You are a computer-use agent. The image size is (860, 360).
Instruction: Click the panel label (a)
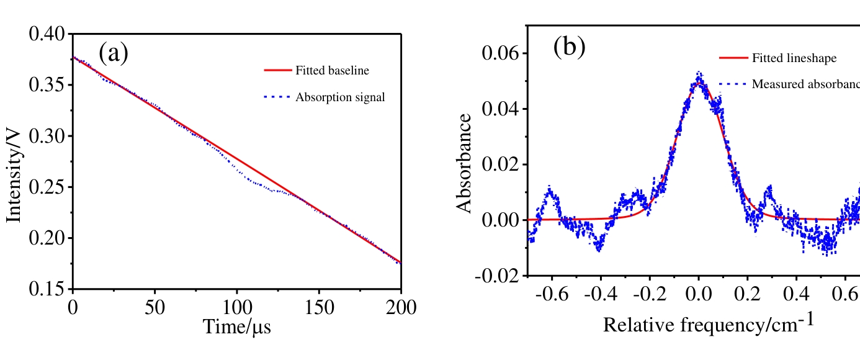(x=114, y=54)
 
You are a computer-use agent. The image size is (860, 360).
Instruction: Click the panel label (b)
(x=569, y=47)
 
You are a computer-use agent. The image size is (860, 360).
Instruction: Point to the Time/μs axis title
(x=237, y=325)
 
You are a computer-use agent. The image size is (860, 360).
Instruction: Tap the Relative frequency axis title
(x=708, y=323)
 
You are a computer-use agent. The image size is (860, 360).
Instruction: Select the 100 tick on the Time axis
(x=237, y=307)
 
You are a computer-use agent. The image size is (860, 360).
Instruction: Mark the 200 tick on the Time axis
(x=400, y=307)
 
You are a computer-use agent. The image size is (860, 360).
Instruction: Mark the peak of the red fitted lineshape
(x=699, y=81)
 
